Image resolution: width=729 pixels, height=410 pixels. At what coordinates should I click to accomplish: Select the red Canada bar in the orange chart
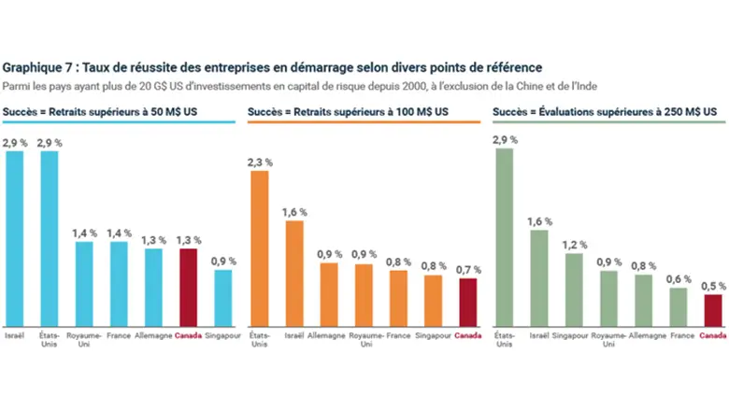click(x=468, y=300)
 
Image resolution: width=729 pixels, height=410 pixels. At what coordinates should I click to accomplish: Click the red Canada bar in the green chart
click(x=713, y=307)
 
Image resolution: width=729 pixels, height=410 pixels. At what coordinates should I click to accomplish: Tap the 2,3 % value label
click(x=259, y=162)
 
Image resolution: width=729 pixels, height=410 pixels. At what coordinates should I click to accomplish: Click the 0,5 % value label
click(x=713, y=286)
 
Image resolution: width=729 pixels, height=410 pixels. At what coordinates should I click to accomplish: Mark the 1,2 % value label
click(x=574, y=245)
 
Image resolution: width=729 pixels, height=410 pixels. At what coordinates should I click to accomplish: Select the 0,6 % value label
click(x=679, y=278)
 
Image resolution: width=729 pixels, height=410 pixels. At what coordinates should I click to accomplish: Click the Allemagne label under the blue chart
click(x=152, y=334)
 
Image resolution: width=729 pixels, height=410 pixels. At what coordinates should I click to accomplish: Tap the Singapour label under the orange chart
click(x=433, y=334)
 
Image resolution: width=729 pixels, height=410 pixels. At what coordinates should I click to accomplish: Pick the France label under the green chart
click(x=679, y=334)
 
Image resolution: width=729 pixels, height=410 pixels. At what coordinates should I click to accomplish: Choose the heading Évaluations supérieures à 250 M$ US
click(x=624, y=112)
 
